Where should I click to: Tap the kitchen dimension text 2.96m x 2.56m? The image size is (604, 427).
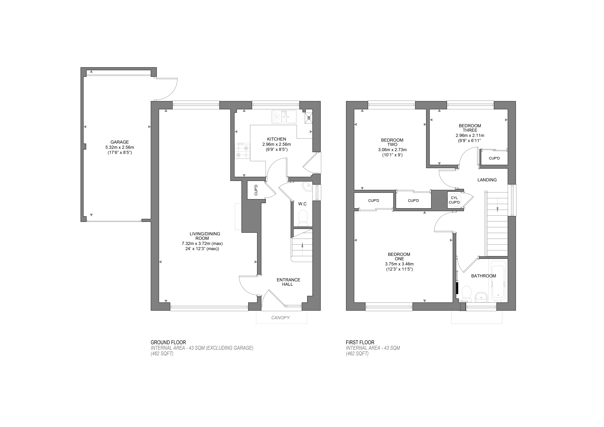(276, 144)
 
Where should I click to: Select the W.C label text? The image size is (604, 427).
(302, 204)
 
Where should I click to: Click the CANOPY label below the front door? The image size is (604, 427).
(280, 318)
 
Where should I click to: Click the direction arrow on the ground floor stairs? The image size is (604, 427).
(302, 245)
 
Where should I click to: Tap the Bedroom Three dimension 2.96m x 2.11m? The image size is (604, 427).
(470, 135)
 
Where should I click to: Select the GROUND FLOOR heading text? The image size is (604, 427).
(168, 342)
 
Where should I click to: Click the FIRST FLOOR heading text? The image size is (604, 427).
(360, 342)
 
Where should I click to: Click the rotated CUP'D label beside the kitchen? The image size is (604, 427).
(256, 190)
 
